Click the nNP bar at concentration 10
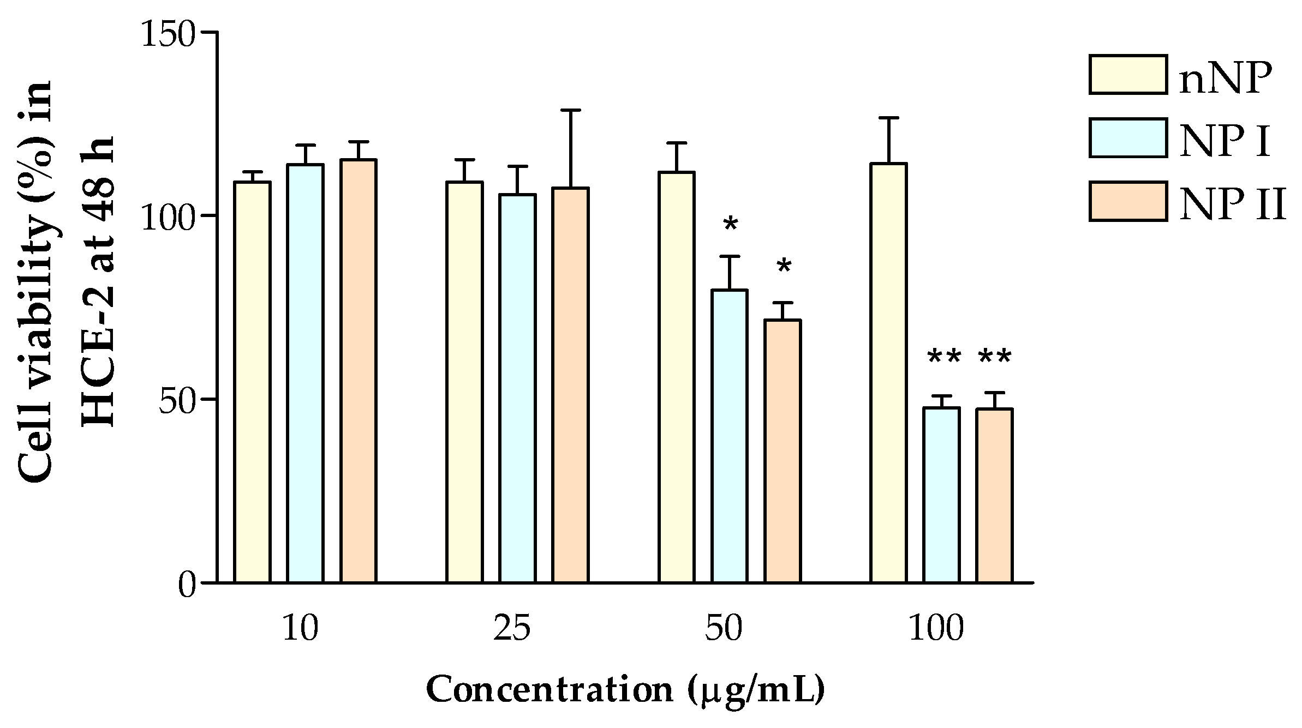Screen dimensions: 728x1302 (x=252, y=382)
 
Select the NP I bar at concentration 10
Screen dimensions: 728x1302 (x=305, y=374)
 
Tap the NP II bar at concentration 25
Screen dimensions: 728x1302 (x=570, y=385)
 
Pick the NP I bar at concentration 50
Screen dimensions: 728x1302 (x=730, y=436)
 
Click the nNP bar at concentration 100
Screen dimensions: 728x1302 (x=888, y=373)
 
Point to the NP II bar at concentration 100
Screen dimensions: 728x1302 (x=994, y=496)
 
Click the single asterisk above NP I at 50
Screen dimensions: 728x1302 (x=730, y=224)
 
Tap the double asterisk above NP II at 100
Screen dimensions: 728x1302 (x=995, y=358)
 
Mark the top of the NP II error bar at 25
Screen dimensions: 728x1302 (x=570, y=111)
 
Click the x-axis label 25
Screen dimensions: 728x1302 (x=511, y=629)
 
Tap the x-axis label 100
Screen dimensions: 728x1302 (x=936, y=629)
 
